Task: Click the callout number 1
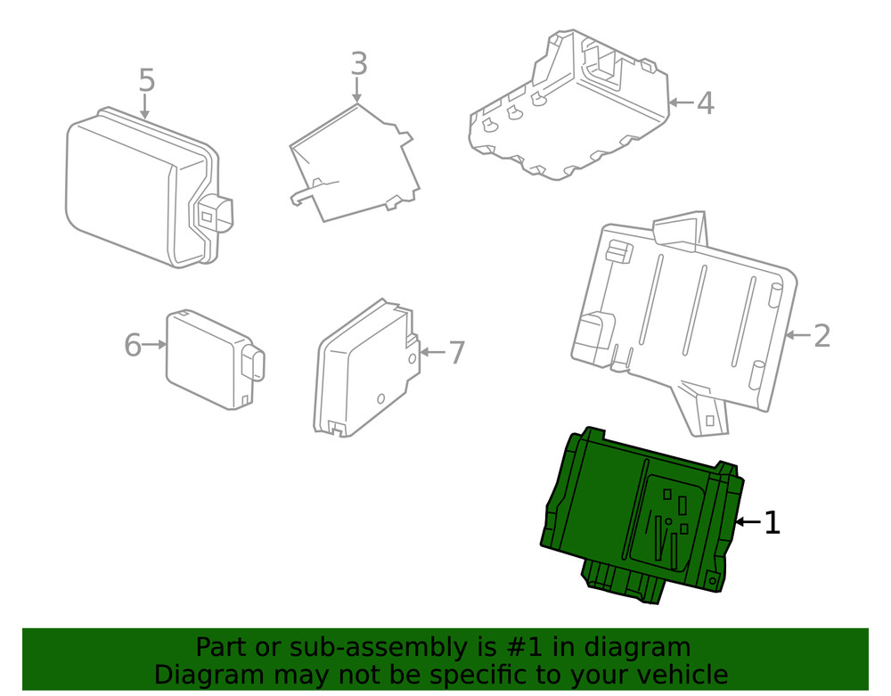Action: tap(772, 523)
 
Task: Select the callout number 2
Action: tap(822, 336)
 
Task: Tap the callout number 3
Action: tap(358, 64)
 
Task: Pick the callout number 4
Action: tap(705, 103)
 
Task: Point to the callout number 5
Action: tap(147, 81)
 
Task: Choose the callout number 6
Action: tap(133, 345)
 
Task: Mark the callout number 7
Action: tap(456, 353)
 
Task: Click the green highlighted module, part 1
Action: tap(642, 512)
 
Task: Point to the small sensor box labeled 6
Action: tap(205, 356)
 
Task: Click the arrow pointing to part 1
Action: tap(747, 522)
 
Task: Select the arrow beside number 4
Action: tap(681, 103)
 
